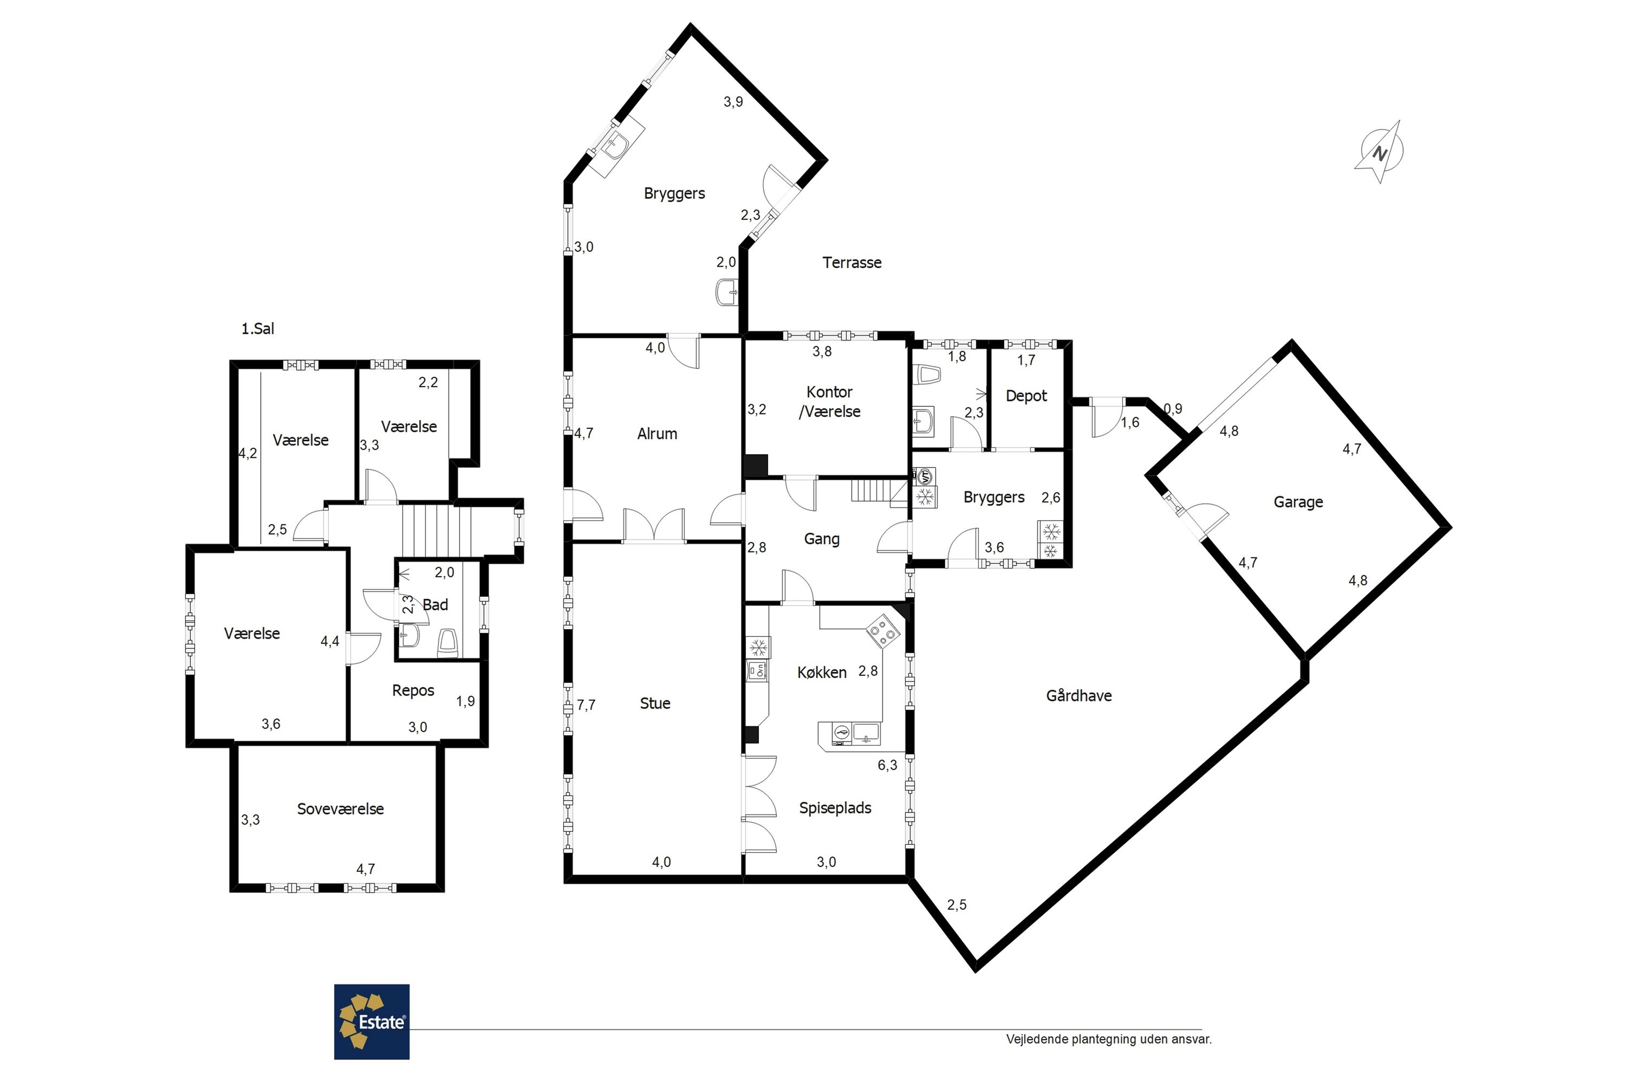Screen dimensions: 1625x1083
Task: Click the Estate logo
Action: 372,1021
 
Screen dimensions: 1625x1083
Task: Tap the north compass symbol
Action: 1379,152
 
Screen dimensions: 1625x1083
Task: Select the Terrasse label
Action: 852,263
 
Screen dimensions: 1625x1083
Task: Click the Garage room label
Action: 1298,502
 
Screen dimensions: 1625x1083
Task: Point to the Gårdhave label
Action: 1078,695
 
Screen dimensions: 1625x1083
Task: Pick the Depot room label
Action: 1026,396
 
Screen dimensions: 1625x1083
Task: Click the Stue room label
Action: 655,703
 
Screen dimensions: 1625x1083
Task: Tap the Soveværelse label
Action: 340,809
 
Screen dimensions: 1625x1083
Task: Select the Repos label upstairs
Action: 413,691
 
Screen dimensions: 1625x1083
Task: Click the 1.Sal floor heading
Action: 258,329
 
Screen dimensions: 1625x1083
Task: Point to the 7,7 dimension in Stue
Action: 586,705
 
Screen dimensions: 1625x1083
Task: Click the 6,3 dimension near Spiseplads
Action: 887,765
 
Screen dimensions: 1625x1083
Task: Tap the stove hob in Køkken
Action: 883,631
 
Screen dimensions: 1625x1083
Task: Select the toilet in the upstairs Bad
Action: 448,642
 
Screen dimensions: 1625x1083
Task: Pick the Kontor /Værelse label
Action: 829,402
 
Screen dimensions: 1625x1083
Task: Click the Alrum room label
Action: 657,434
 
